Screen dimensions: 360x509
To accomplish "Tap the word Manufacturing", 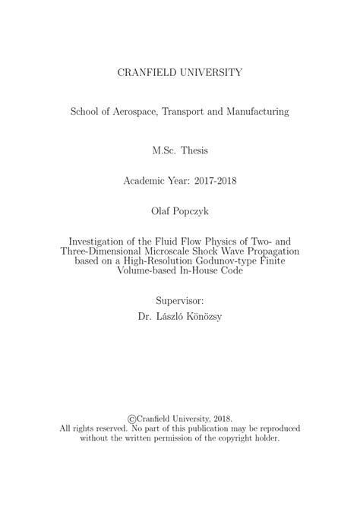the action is [x=255, y=112].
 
